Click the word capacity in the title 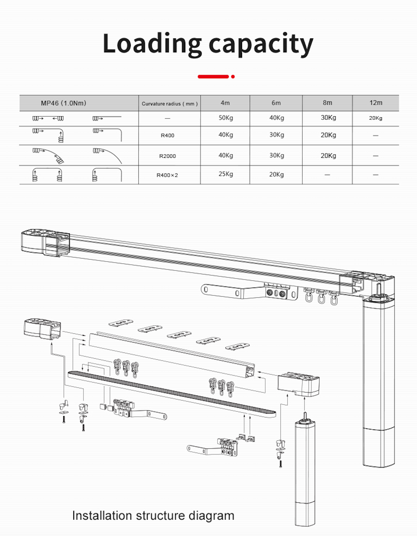tap(261, 44)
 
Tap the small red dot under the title tap(233, 77)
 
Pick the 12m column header tap(375, 103)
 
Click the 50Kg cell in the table tap(225, 118)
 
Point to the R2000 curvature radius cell tap(168, 156)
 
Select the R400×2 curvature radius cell tap(167, 175)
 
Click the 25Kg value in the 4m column tap(225, 174)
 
